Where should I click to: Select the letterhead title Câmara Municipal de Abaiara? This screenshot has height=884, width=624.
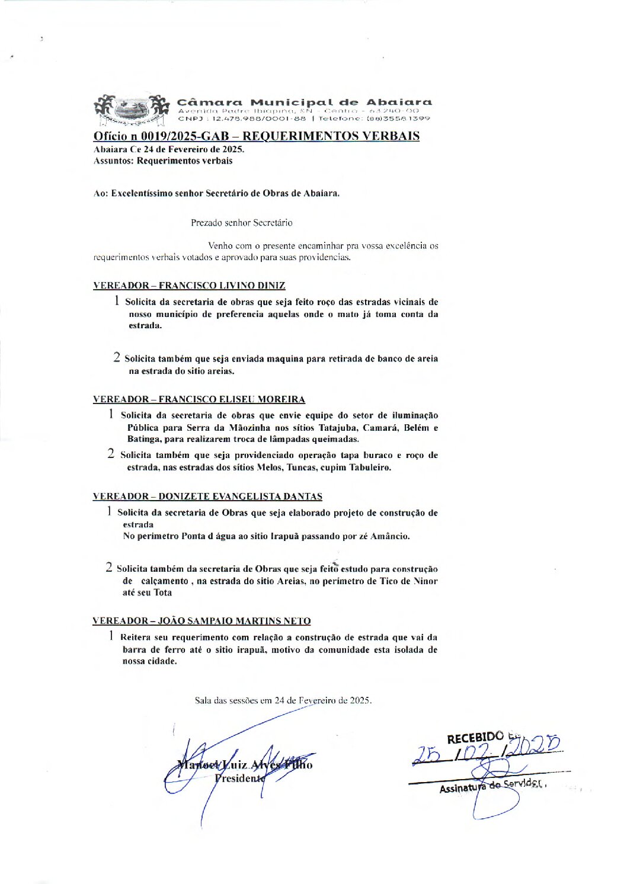point(305,102)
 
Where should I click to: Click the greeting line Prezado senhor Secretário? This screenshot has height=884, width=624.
point(241,223)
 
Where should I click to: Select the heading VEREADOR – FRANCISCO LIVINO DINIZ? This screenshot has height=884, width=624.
point(189,286)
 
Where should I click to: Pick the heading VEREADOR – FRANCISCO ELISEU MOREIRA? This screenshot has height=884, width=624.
point(199,399)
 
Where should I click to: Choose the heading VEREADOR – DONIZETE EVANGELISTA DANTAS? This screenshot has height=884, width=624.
point(207,497)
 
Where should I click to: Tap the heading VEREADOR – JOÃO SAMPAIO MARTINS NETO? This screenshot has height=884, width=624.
point(201,621)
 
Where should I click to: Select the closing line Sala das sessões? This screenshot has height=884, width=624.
point(283,700)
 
